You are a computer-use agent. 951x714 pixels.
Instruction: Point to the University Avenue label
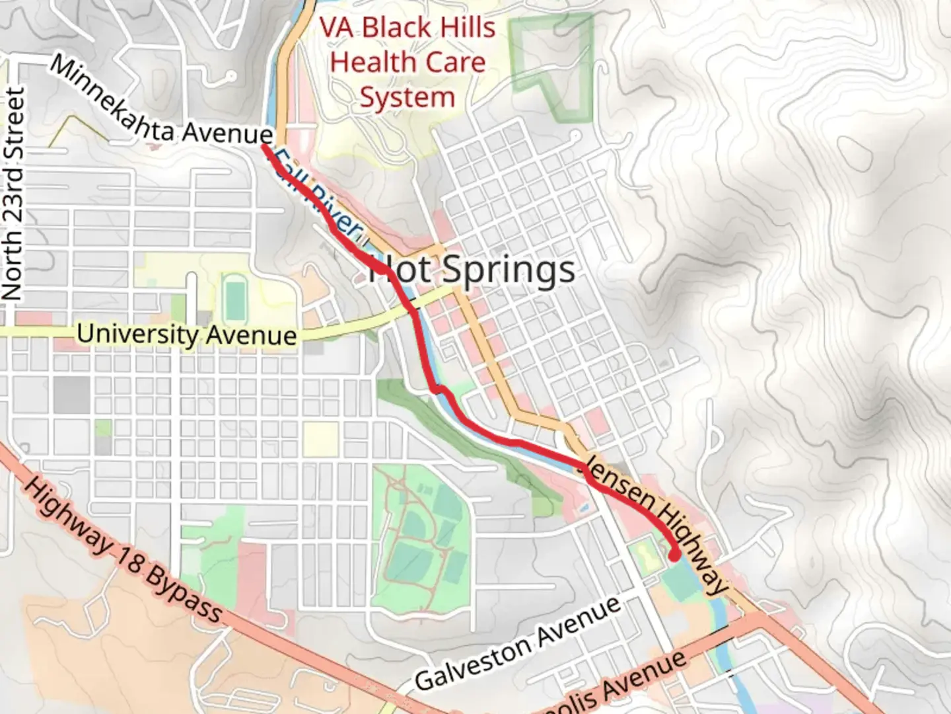[187, 335]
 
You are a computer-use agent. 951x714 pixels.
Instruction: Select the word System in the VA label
[407, 98]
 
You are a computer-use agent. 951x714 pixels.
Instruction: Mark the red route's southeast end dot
[674, 555]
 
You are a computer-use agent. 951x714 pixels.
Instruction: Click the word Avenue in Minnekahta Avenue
[227, 133]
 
